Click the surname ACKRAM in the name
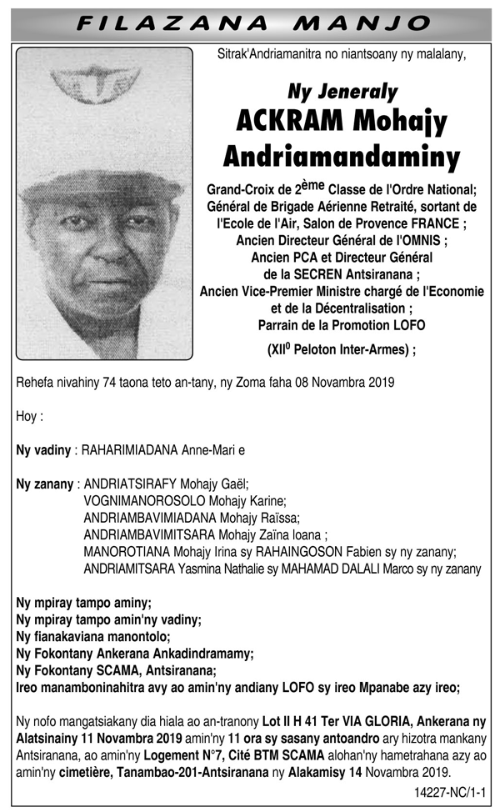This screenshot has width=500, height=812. [x=289, y=122]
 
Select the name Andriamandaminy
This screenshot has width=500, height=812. [x=342, y=156]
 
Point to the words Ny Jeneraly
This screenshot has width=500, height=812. [x=342, y=92]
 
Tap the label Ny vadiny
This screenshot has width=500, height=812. [x=43, y=450]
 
